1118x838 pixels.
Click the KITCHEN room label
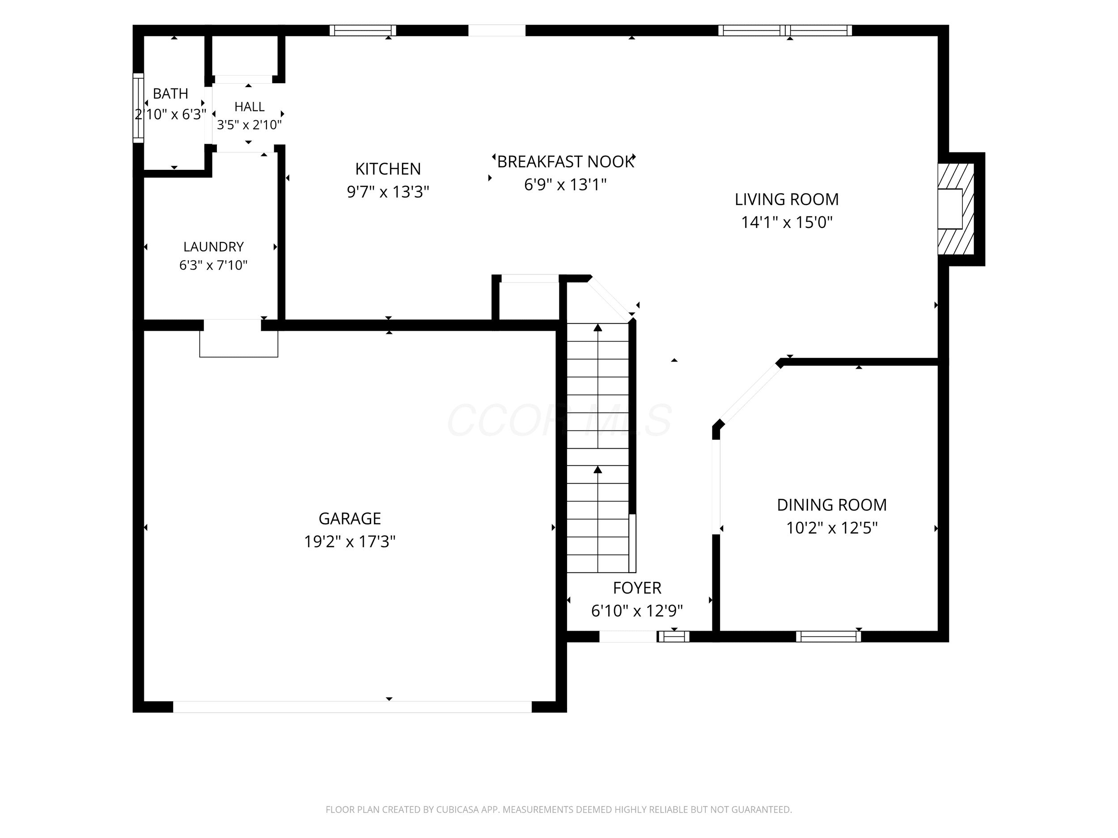pyautogui.click(x=388, y=168)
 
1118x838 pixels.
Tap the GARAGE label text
pyautogui.click(x=350, y=518)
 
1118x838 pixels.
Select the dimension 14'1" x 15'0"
pyautogui.click(x=787, y=222)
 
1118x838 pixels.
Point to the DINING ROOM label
pyautogui.click(x=831, y=505)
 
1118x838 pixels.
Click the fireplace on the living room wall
pyautogui.click(x=956, y=209)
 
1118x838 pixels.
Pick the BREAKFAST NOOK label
pyautogui.click(x=565, y=162)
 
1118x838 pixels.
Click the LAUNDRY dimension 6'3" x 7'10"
pyautogui.click(x=213, y=265)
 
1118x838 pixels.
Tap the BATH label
pyautogui.click(x=170, y=93)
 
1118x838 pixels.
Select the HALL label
pyautogui.click(x=249, y=106)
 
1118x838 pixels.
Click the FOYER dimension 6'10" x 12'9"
pyautogui.click(x=637, y=611)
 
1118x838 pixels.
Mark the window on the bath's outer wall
pyautogui.click(x=138, y=108)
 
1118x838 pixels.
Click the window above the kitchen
pyautogui.click(x=363, y=30)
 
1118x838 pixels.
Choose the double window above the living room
pyautogui.click(x=785, y=30)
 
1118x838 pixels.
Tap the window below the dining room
pyautogui.click(x=828, y=636)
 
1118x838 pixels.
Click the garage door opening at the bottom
pyautogui.click(x=352, y=707)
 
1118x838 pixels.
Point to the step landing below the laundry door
pyautogui.click(x=238, y=344)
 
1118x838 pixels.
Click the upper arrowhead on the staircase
pyautogui.click(x=598, y=328)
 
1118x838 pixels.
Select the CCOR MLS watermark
pyautogui.click(x=559, y=420)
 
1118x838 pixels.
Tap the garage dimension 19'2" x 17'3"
pyautogui.click(x=350, y=542)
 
